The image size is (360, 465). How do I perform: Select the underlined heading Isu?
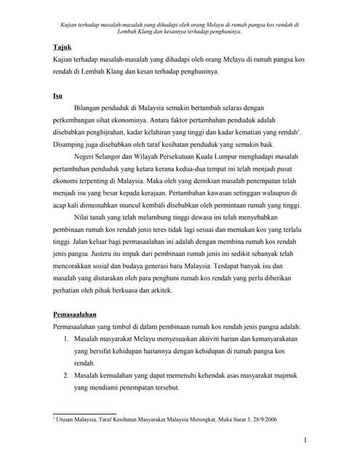pos(57,94)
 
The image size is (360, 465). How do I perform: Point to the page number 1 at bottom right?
pos(305,440)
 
